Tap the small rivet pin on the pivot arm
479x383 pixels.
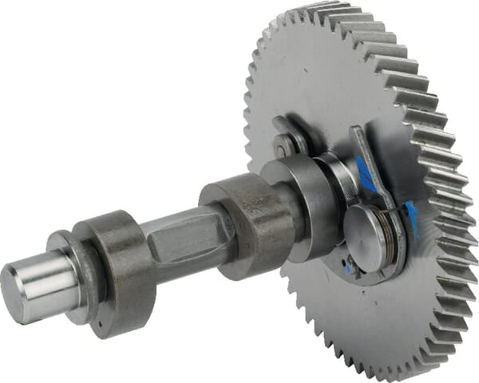282,146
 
